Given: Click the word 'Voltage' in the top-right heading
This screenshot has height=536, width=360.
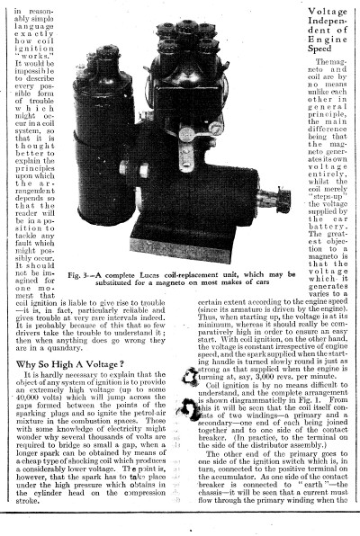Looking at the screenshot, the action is coord(328,12).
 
